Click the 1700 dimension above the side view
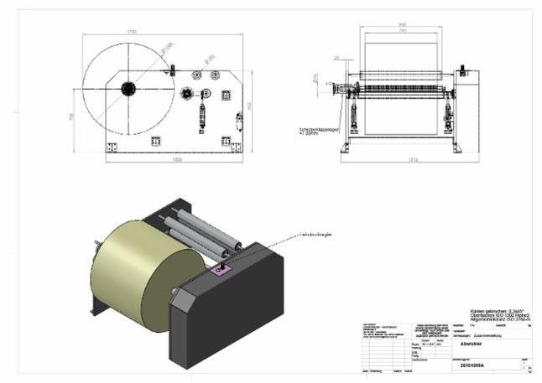tap(131, 31)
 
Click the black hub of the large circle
tap(128, 88)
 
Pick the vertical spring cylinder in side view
tap(201, 110)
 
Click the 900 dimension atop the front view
tap(402, 25)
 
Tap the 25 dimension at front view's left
tap(336, 58)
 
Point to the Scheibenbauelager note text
tap(311, 131)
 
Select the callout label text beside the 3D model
tap(315, 235)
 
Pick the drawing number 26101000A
tap(475, 365)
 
